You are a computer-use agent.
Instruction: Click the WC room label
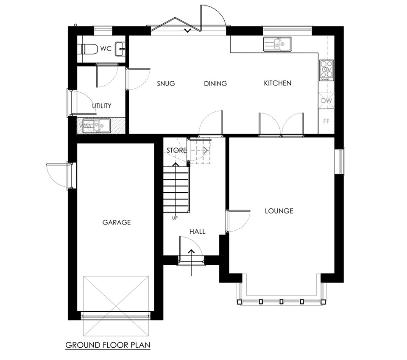pos(106,49)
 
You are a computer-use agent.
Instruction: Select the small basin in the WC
pos(120,49)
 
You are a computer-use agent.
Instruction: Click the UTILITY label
pos(102,106)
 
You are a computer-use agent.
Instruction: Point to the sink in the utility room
pos(97,126)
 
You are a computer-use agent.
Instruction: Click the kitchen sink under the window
pos(277,44)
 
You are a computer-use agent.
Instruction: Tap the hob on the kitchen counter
pos(326,69)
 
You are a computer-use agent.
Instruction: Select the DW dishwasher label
pos(326,101)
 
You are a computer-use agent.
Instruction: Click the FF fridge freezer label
pos(326,121)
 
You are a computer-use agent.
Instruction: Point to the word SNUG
pos(166,83)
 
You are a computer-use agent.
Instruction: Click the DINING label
pos(215,83)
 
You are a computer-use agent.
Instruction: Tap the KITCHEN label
pos(277,83)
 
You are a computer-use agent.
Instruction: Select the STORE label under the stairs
pos(176,150)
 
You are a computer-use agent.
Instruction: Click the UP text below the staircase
pos(175,218)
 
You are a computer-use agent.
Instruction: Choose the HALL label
pos(197,232)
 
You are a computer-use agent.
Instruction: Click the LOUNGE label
pos(279,211)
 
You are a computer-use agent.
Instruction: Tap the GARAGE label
pos(117,222)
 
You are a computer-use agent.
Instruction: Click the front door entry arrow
pos(191,262)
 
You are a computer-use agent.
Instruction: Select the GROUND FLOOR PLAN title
pos(108,345)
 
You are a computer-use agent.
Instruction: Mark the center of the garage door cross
pos(116,306)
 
